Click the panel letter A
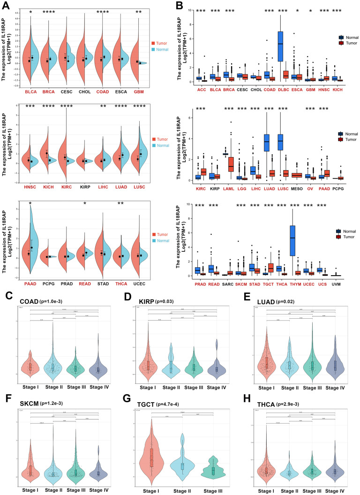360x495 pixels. tap(6, 6)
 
